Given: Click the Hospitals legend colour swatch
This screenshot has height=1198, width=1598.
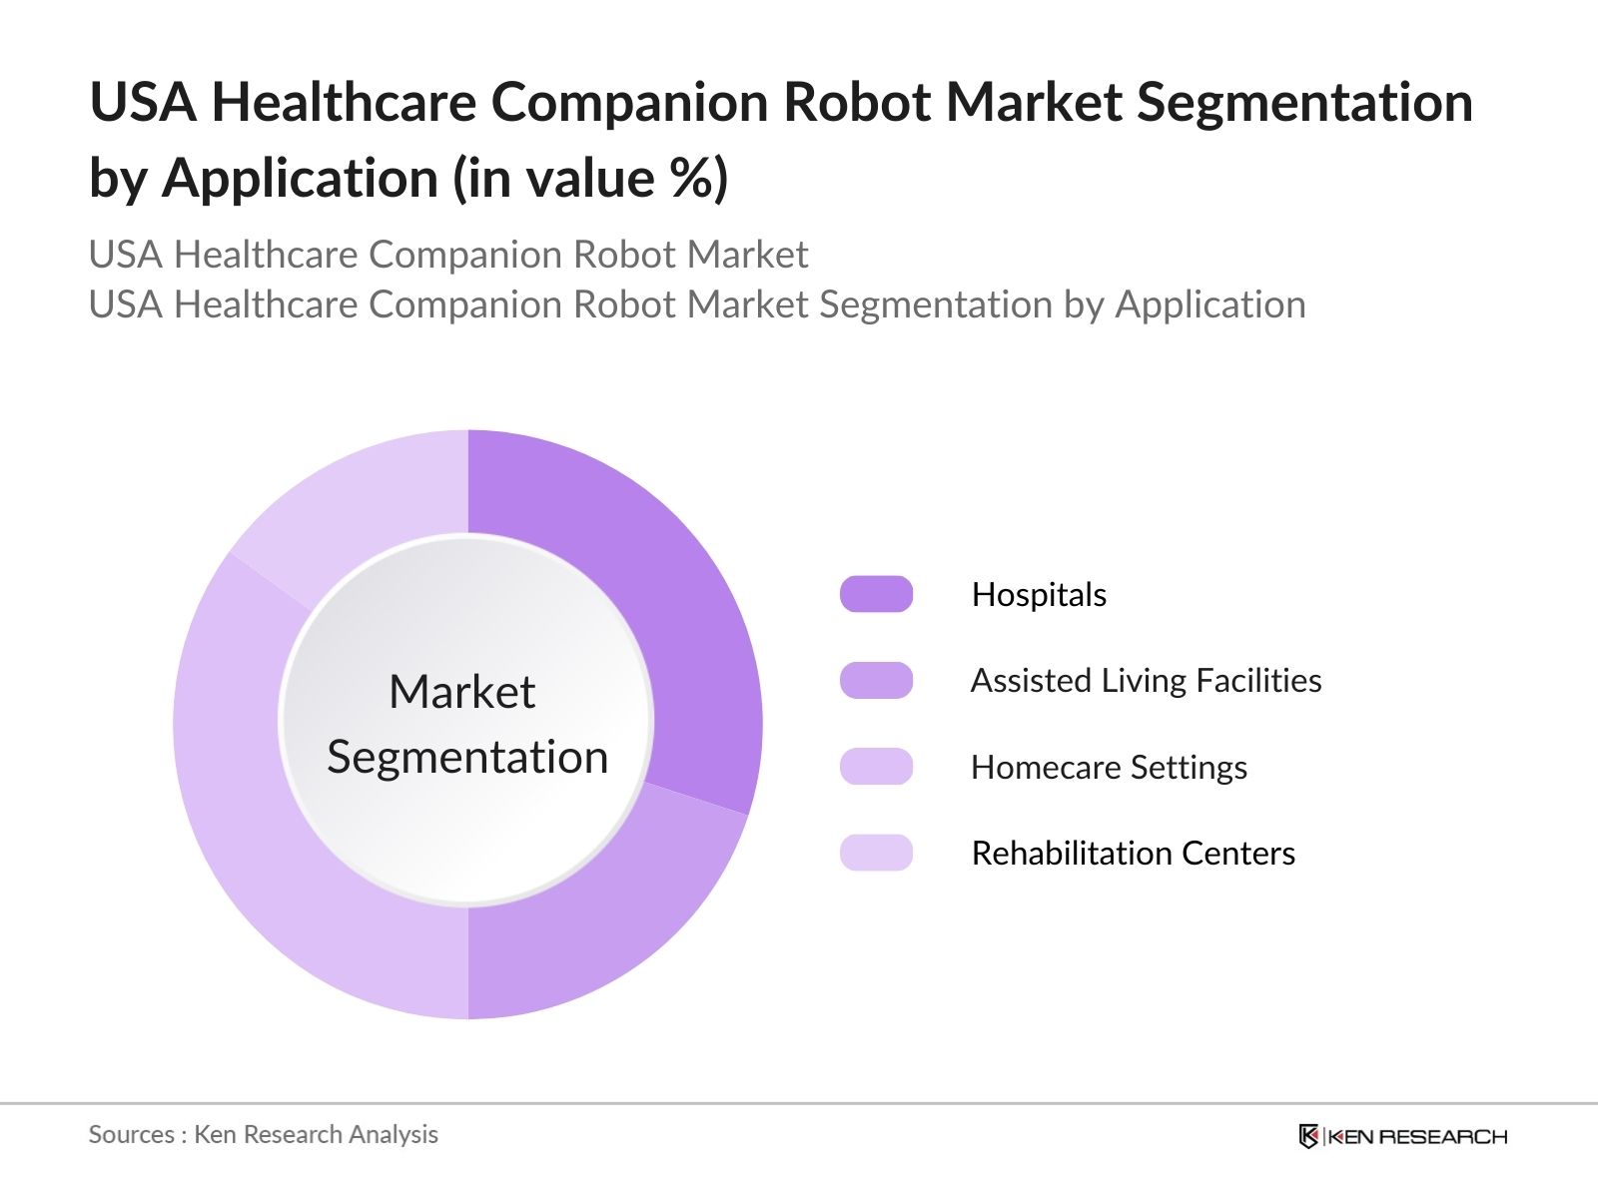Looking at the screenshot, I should (876, 594).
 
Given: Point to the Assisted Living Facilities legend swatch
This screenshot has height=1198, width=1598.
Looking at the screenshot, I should (876, 680).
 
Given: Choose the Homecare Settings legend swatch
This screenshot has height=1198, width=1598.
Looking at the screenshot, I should (876, 767).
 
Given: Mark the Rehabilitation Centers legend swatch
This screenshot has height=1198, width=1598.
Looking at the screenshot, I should (876, 853).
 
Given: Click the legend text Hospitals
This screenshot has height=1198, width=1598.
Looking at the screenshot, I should (1039, 595).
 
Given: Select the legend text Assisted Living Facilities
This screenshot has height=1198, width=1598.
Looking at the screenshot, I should (1146, 681).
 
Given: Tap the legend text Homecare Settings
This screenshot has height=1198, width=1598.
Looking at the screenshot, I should (1109, 768).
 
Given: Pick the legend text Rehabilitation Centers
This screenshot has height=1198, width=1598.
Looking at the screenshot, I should (1133, 854).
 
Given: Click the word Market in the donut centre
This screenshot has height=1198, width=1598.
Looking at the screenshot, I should (461, 692).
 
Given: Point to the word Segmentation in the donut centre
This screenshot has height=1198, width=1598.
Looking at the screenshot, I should (467, 757).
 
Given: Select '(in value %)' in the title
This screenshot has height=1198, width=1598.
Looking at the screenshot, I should (590, 179).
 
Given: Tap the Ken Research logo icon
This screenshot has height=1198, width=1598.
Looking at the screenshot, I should (1308, 1136).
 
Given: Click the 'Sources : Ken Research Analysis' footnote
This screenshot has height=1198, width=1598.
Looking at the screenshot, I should (263, 1135).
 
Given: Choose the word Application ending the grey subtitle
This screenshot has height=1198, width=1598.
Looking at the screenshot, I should (1210, 304).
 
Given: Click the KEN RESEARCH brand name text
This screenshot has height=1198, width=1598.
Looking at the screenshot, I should (1417, 1136).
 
